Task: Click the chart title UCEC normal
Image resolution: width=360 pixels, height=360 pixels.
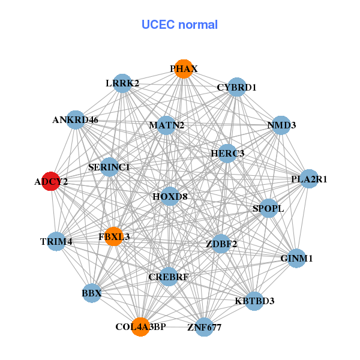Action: pos(179,25)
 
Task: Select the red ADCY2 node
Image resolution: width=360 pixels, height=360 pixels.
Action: pos(51,181)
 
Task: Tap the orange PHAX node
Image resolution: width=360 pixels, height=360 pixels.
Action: pos(184,69)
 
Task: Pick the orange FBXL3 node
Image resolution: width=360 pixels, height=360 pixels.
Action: pos(113,236)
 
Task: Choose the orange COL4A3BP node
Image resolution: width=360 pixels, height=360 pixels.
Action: pos(140,326)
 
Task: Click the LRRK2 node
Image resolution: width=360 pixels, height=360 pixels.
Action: pos(123,83)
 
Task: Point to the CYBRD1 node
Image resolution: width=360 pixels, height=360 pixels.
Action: pos(237,87)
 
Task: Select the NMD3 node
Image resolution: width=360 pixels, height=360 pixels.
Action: pos(281,125)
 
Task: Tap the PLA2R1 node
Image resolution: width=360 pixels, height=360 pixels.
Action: pos(308,179)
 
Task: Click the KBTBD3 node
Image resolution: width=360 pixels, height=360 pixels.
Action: pos(254,301)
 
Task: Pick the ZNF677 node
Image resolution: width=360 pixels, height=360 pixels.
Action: pos(205,327)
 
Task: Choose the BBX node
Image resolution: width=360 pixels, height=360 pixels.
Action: pos(92,293)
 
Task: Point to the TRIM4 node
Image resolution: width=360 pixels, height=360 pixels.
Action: pos(56,241)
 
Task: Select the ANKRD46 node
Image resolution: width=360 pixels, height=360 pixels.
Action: pos(76,119)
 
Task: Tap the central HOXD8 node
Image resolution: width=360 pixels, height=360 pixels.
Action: pos(170,196)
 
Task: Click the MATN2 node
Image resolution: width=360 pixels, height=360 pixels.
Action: pos(167,125)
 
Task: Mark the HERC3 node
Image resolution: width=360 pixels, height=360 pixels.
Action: pos(227,154)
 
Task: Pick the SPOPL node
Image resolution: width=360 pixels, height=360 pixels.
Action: pos(268,208)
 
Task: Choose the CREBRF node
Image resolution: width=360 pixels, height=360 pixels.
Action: pos(169,277)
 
